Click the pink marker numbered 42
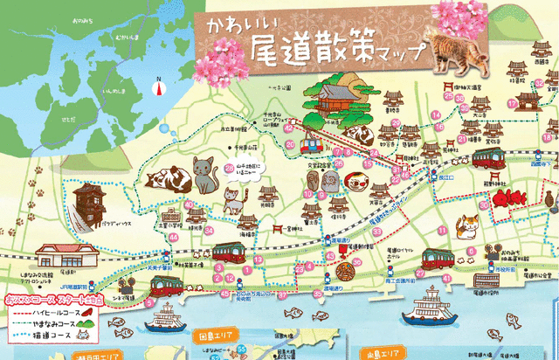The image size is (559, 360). coord(289,128)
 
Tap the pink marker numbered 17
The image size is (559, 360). coord(511,102)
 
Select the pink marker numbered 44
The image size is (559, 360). coord(173,237)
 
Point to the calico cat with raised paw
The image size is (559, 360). coord(468,225)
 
